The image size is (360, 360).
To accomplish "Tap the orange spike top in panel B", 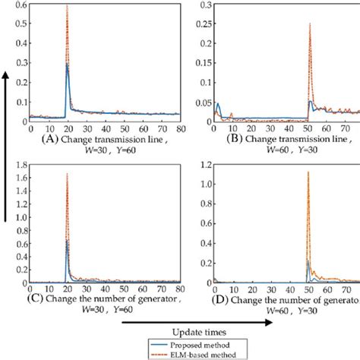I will [x=310, y=24].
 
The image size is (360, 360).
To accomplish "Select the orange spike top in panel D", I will [x=308, y=172].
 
